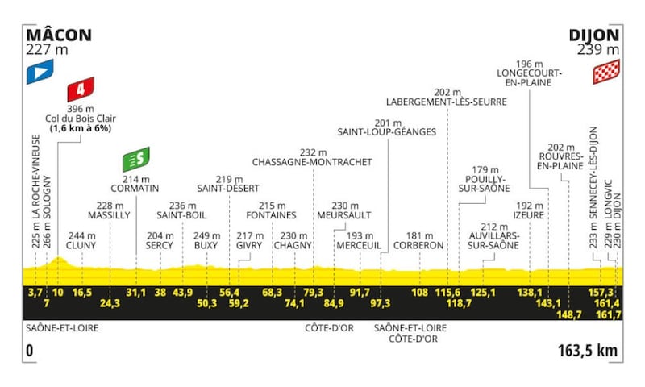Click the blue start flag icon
[x=40, y=72]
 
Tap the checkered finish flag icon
[x=606, y=72]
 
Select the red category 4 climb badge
[x=81, y=89]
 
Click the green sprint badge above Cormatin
[x=136, y=159]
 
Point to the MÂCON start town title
[x=59, y=35]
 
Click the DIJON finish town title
[x=594, y=35]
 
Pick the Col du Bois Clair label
[x=81, y=119]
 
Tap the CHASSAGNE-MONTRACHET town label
[x=312, y=162]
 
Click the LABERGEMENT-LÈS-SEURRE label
[x=447, y=102]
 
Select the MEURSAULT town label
[x=344, y=215]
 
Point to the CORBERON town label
[x=418, y=246]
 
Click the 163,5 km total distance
[x=588, y=351]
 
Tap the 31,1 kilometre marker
[x=136, y=293]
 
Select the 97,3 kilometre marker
[x=381, y=303]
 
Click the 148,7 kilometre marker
[x=569, y=314]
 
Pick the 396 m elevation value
[x=81, y=109]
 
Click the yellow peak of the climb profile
[x=58, y=258]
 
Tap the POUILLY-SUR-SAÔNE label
[x=485, y=184]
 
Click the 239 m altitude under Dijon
[x=598, y=50]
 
